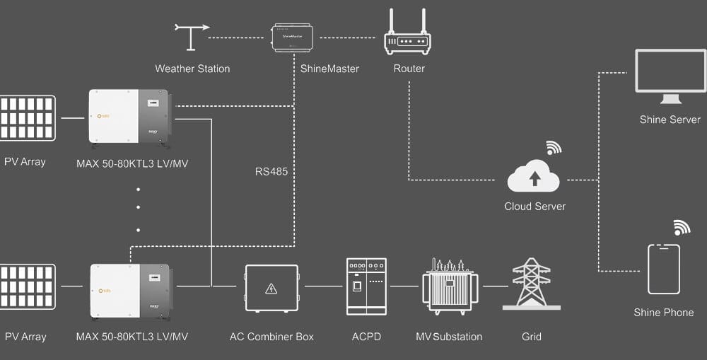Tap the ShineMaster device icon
coord(293,37)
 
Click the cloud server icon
coord(534,177)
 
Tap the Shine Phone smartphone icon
coord(664,269)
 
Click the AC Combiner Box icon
coord(271,288)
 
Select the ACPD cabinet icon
coord(366,286)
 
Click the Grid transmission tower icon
coord(532,284)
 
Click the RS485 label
coord(271,171)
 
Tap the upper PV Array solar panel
coord(27,117)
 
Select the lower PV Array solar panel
coord(27,286)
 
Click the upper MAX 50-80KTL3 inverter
coord(130,117)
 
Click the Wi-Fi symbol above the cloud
coord(553,148)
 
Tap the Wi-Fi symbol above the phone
coord(682,227)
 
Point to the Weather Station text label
coord(192,69)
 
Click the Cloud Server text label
coord(534,207)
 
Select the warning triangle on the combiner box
coord(271,289)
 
